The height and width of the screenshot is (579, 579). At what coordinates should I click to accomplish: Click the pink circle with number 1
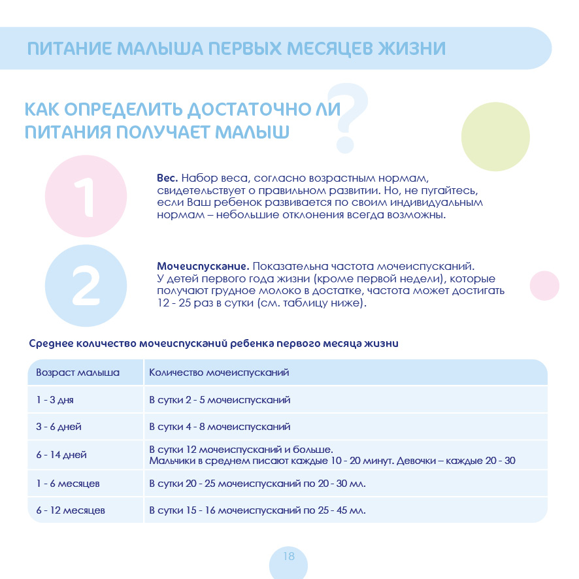(x=86, y=195)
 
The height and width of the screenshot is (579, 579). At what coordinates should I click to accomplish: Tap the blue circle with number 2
(x=86, y=286)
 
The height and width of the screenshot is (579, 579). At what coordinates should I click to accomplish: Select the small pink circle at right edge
(x=544, y=286)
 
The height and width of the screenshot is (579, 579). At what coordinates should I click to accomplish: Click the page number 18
(x=288, y=557)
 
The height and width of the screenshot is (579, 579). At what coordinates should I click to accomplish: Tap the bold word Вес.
(x=167, y=178)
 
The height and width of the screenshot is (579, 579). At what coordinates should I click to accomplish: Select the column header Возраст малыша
(x=78, y=372)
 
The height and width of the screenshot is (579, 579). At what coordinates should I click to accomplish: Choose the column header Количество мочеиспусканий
(x=219, y=372)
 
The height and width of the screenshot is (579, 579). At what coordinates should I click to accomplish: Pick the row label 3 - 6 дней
(x=59, y=427)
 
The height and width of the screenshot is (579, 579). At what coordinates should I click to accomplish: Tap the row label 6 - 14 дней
(x=61, y=455)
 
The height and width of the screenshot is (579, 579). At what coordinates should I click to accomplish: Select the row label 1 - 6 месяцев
(x=68, y=484)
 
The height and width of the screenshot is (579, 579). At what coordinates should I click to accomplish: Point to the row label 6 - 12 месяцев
(x=71, y=510)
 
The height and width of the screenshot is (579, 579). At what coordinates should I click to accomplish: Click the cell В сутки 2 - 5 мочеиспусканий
(x=220, y=400)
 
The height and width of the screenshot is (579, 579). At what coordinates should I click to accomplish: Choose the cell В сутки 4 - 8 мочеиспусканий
(x=220, y=427)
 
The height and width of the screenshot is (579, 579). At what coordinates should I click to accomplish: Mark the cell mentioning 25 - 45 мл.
(x=257, y=510)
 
